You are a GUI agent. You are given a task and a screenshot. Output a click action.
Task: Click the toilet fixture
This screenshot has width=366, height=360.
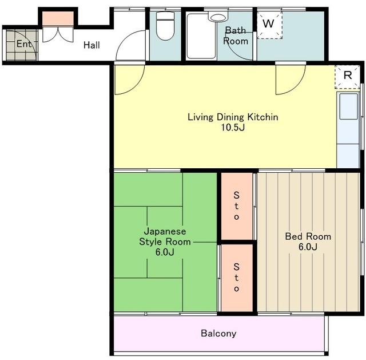[165, 26]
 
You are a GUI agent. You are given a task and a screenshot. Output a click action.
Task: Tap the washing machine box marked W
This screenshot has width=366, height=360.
[269, 25]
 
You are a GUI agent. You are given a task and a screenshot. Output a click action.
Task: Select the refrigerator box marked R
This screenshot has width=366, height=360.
[347, 76]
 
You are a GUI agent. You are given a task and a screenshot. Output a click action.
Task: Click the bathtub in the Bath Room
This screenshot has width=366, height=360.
[201, 36]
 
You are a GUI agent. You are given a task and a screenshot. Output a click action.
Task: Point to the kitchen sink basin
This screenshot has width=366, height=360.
[348, 106]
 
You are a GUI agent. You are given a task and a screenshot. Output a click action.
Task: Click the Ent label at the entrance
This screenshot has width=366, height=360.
[24, 43]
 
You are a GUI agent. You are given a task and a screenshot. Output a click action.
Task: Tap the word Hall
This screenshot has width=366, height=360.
[91, 45]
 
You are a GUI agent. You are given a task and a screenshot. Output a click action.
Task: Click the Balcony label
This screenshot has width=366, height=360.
[218, 333]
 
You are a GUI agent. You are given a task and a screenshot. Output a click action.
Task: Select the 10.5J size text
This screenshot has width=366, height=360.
[233, 127]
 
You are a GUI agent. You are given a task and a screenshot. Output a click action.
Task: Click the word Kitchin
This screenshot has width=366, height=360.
[263, 117]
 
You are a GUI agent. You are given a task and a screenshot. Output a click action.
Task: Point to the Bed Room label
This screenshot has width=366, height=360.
[308, 236]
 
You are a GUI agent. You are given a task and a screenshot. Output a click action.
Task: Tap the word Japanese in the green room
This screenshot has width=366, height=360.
[165, 231]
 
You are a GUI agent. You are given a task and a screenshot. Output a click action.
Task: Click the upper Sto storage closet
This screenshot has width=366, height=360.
[237, 206]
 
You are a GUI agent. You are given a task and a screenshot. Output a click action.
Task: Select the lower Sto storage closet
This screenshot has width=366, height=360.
[237, 278]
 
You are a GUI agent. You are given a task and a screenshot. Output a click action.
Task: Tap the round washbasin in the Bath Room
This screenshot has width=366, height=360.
[218, 18]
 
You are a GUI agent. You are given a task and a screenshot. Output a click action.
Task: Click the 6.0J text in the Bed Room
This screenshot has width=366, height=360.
[308, 247]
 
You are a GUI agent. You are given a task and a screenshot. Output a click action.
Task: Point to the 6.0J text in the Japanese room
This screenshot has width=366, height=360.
[165, 252]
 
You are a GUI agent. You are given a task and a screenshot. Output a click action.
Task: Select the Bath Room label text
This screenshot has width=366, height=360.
[236, 35]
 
